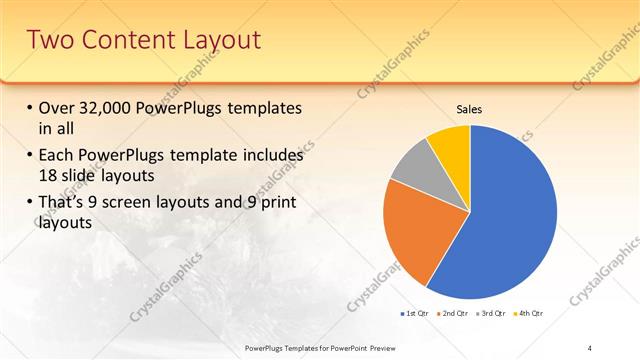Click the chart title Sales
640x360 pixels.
point(469,108)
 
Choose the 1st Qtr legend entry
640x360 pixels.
point(414,313)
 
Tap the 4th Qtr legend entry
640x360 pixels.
point(529,313)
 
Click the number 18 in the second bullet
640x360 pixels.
point(50,176)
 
